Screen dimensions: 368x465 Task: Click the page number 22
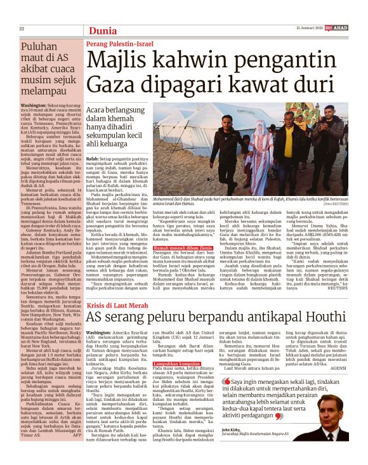[22, 29]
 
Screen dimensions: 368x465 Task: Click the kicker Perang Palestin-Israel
[119, 44]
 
